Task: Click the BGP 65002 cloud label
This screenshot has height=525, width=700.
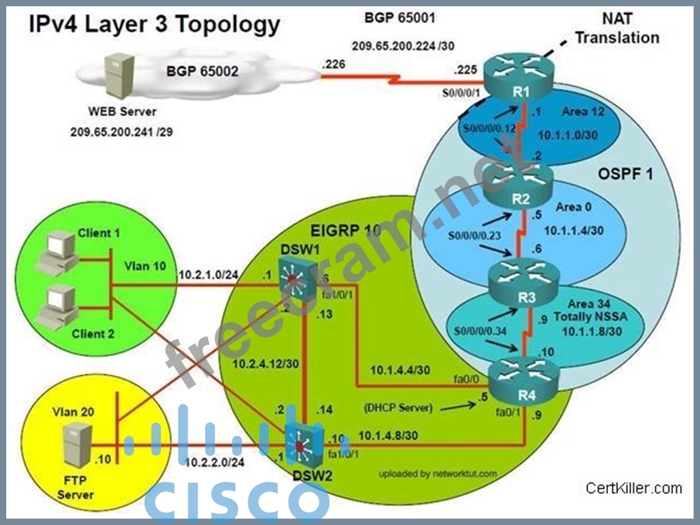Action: coord(202,71)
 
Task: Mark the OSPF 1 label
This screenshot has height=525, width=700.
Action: coord(624,174)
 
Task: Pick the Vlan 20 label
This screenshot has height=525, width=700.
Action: coord(74,412)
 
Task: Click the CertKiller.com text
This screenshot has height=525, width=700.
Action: coord(633,487)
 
